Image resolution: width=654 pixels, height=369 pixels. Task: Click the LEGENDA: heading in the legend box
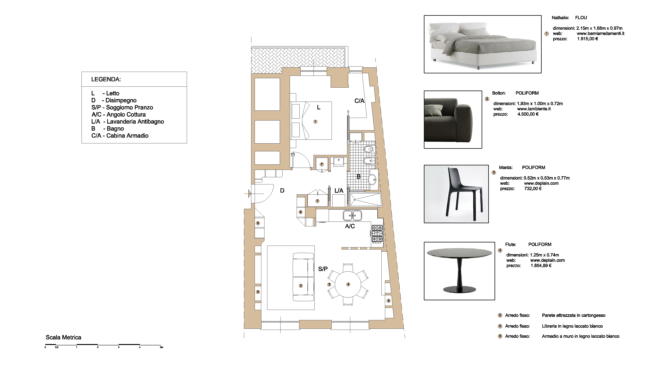(106, 79)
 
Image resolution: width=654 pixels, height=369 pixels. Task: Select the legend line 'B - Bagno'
(108, 129)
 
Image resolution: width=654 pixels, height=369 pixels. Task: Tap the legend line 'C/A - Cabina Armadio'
(120, 136)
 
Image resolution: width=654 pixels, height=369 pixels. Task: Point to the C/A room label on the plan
(359, 101)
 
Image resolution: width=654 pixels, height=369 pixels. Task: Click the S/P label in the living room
(323, 269)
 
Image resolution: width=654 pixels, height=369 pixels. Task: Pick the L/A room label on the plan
(339, 191)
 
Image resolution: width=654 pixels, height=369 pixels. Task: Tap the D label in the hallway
(282, 190)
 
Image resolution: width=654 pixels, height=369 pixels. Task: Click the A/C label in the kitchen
(350, 226)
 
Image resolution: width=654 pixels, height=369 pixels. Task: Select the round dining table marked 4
(348, 284)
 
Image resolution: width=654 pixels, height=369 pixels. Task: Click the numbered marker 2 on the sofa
(301, 286)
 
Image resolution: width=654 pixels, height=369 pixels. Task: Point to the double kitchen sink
(352, 215)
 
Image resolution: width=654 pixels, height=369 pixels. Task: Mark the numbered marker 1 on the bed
(315, 122)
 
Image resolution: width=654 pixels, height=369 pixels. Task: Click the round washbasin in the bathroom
(372, 179)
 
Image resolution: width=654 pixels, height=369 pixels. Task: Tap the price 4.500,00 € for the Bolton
(528, 114)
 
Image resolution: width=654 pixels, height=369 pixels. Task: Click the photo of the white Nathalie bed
(483, 44)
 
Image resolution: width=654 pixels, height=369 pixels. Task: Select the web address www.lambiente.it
(534, 109)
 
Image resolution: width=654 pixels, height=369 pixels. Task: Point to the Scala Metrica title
(63, 337)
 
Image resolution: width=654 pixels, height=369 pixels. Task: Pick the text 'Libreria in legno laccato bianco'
(572, 326)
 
